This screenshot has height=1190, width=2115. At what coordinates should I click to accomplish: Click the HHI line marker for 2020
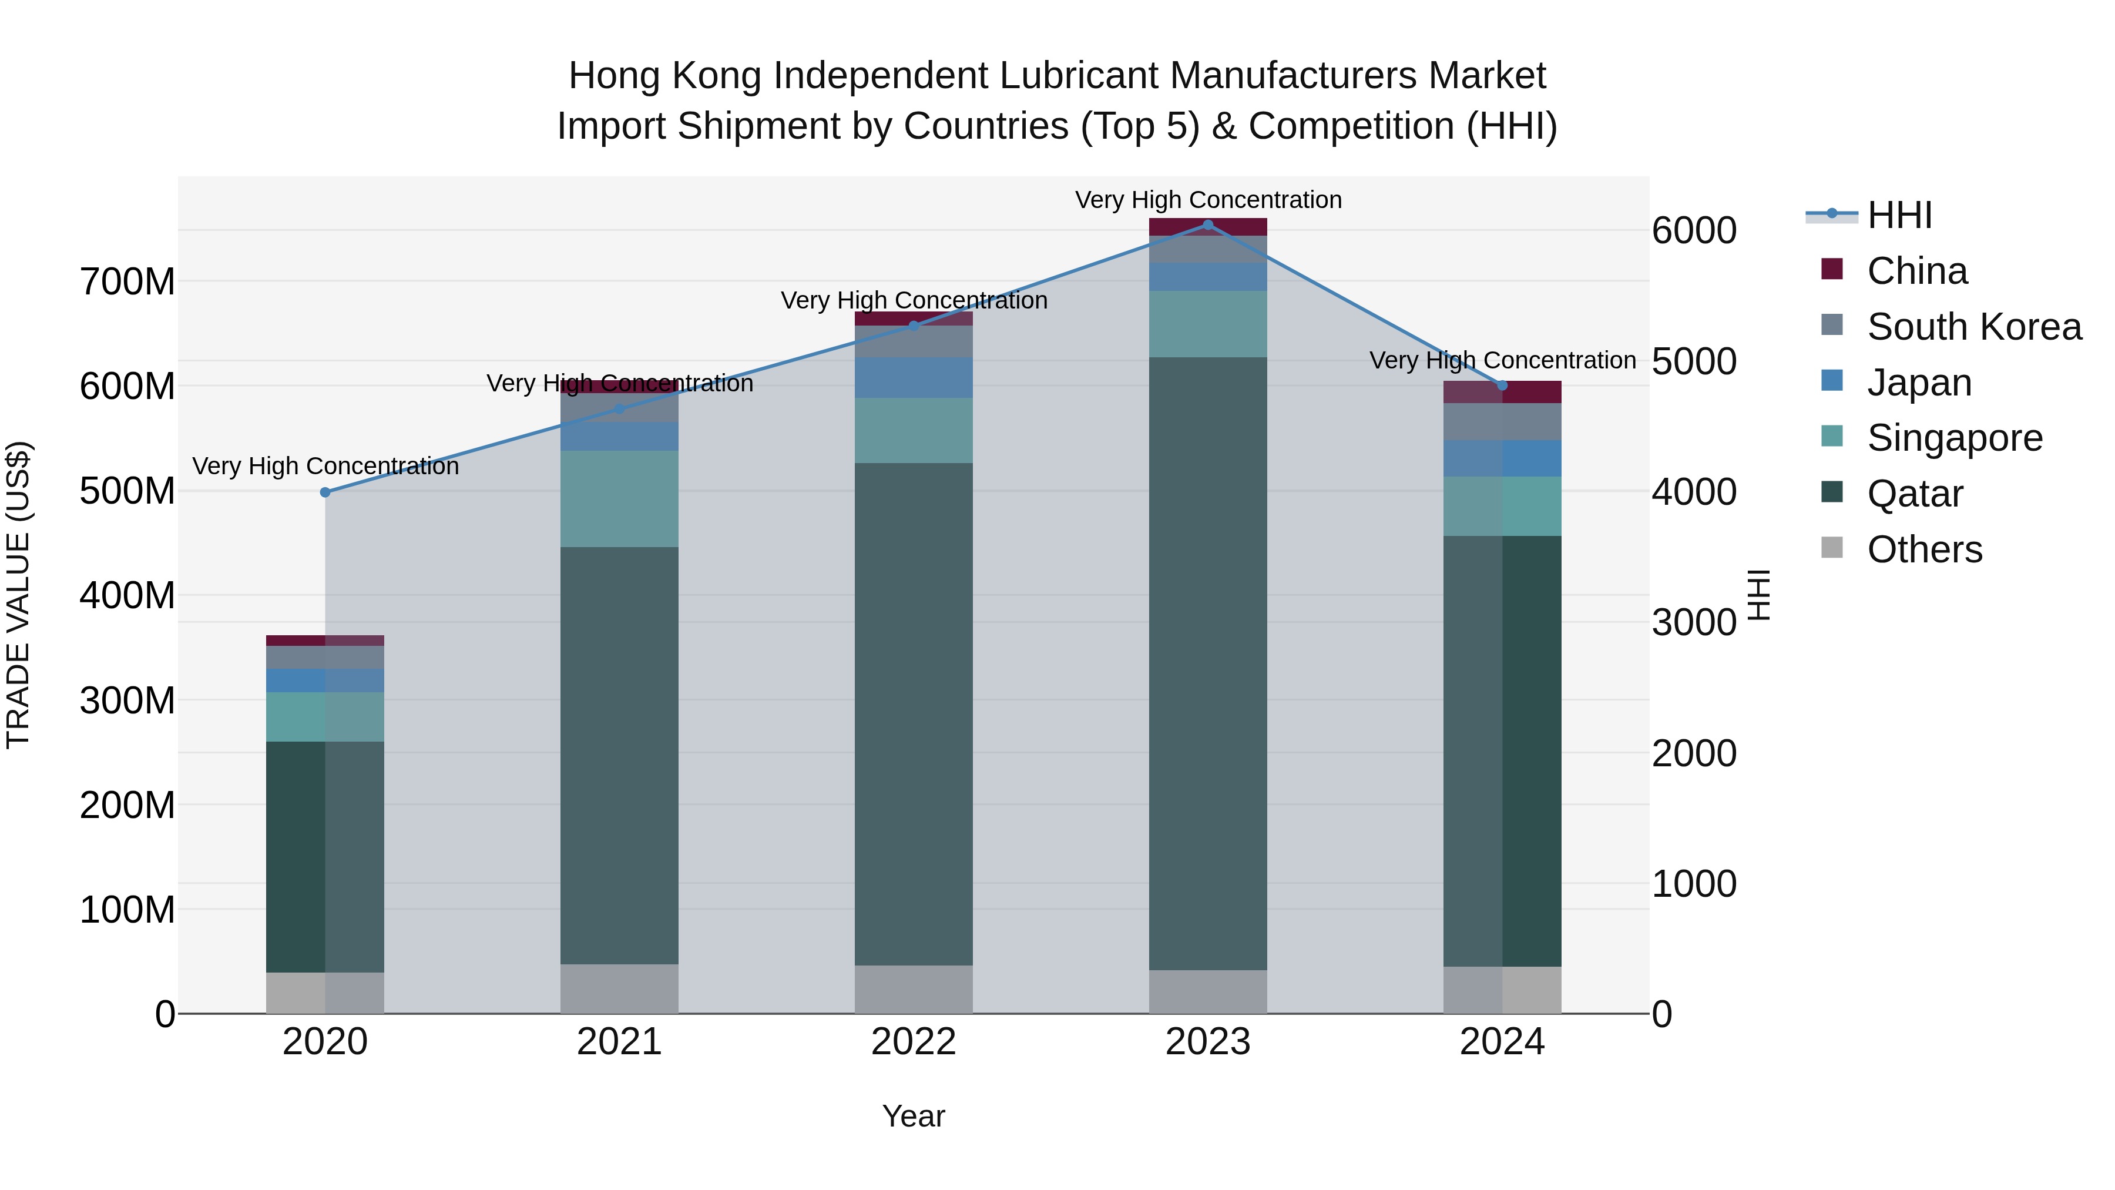point(325,492)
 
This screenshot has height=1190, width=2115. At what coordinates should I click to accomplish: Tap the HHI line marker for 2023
point(1208,224)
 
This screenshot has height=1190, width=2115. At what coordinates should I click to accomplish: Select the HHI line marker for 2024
point(1502,385)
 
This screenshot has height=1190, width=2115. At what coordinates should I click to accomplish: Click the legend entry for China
point(1916,271)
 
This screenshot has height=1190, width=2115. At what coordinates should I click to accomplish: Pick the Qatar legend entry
point(1914,494)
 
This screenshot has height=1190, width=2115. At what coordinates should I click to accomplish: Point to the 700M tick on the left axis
point(127,281)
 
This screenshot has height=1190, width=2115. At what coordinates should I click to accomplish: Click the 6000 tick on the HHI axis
point(1694,231)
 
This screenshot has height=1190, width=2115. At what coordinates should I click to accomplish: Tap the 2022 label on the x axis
point(913,1042)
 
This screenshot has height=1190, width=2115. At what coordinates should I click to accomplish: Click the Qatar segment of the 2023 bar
point(1208,663)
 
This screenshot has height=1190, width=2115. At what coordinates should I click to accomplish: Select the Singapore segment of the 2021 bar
point(619,498)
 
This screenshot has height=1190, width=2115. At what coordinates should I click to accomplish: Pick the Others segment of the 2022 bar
point(913,989)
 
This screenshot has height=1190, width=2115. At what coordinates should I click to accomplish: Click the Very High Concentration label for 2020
point(325,467)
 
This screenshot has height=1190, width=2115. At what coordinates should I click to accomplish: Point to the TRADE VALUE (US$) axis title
point(18,595)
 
